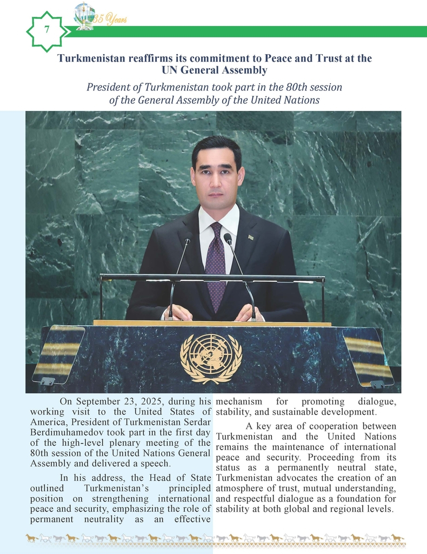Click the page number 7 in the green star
point(47,30)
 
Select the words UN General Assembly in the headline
point(214,70)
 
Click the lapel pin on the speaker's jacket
point(251,237)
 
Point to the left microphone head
point(188,238)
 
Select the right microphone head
point(228,238)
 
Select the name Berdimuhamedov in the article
point(60,432)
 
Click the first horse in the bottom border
point(31,538)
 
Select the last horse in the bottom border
point(397,538)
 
